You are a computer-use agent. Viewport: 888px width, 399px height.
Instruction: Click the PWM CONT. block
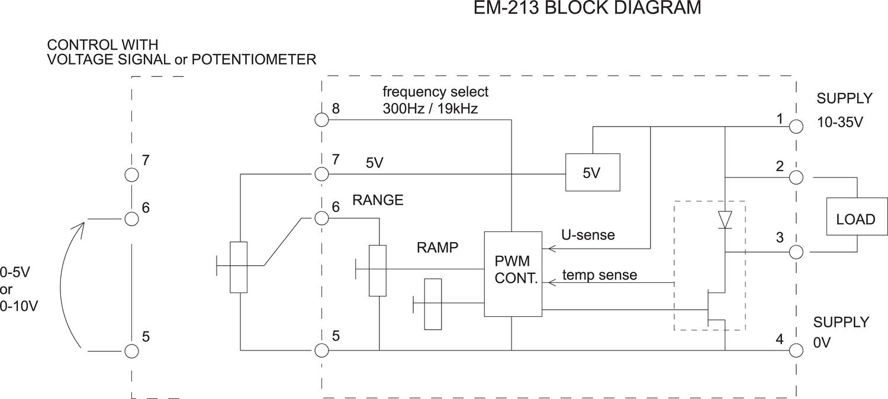(513, 273)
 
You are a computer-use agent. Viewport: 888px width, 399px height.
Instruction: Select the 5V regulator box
(593, 172)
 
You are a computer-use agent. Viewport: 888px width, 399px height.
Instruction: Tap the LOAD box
(855, 219)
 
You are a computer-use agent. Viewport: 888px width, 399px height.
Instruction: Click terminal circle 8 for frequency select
(321, 120)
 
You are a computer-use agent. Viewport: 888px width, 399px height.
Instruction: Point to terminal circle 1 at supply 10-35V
(797, 127)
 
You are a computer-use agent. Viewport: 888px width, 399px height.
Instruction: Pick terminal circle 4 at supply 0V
(797, 350)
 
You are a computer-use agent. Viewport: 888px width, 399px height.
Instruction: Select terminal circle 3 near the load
(797, 252)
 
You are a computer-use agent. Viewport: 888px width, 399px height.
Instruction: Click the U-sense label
(588, 235)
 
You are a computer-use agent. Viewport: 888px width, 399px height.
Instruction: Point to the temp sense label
(600, 275)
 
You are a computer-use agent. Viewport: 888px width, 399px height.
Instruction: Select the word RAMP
(437, 247)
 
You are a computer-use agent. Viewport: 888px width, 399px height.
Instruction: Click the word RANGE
(378, 200)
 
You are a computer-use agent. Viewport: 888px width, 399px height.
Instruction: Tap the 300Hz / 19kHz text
(430, 110)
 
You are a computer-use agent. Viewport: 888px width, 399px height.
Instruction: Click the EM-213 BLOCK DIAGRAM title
(587, 9)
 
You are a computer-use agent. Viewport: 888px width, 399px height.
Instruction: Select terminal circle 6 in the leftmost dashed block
(132, 218)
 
